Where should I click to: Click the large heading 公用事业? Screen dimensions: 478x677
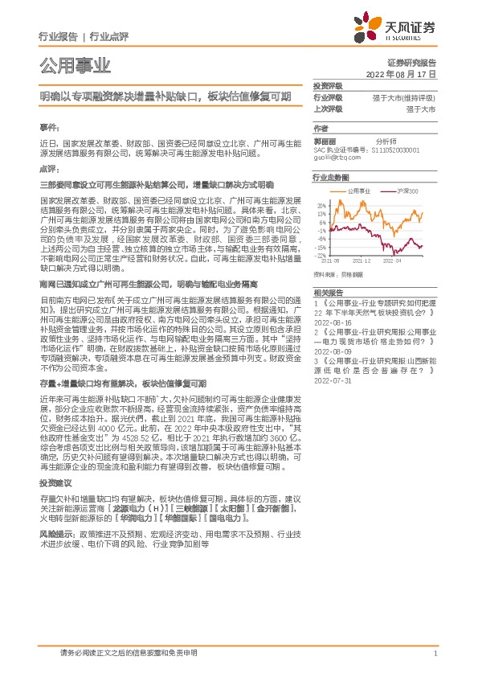[x=75, y=65]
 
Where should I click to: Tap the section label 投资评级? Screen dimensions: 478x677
[x=328, y=85]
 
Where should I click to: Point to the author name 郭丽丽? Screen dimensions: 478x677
[x=325, y=141]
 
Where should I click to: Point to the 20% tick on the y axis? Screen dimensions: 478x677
[x=321, y=206]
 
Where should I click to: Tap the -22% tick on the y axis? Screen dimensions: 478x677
[x=321, y=256]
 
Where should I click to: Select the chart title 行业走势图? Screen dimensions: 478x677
[x=331, y=177]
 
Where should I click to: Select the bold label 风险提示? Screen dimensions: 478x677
[x=56, y=533]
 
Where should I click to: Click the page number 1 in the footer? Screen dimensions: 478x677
[x=435, y=654]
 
